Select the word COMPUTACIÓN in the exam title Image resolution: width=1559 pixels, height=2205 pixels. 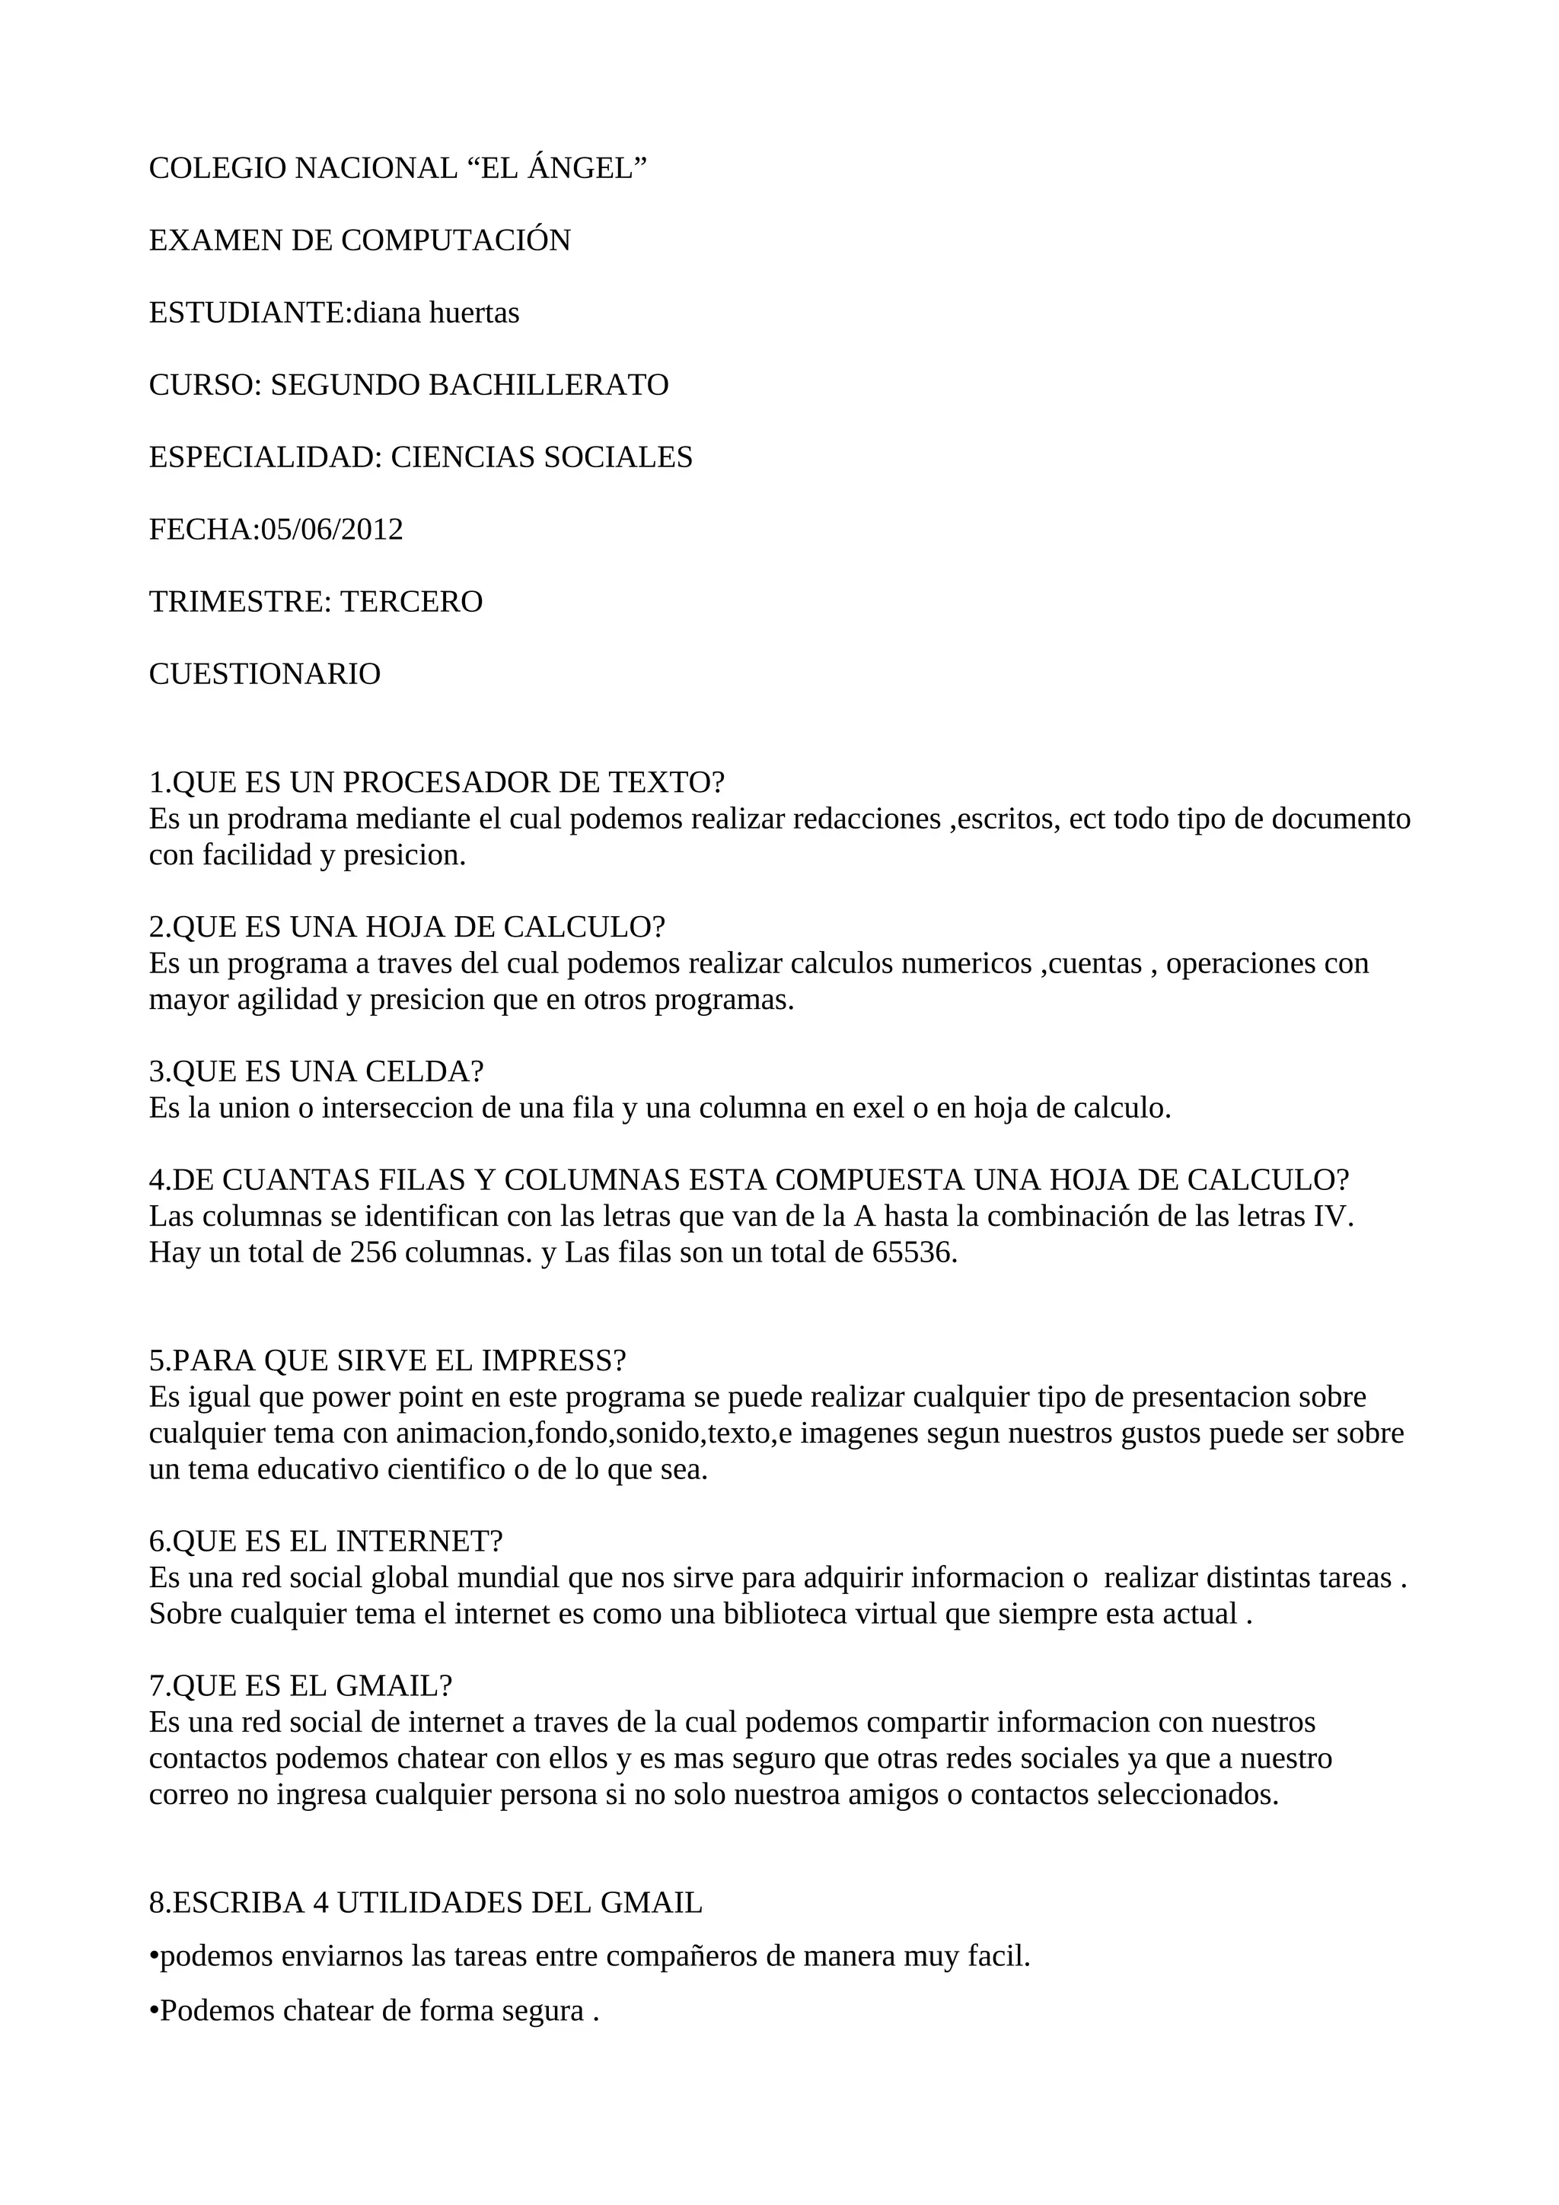pyautogui.click(x=455, y=241)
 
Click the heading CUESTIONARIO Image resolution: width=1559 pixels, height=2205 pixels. pyautogui.click(x=264, y=674)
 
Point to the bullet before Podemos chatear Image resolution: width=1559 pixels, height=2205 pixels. pyautogui.click(x=154, y=2012)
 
